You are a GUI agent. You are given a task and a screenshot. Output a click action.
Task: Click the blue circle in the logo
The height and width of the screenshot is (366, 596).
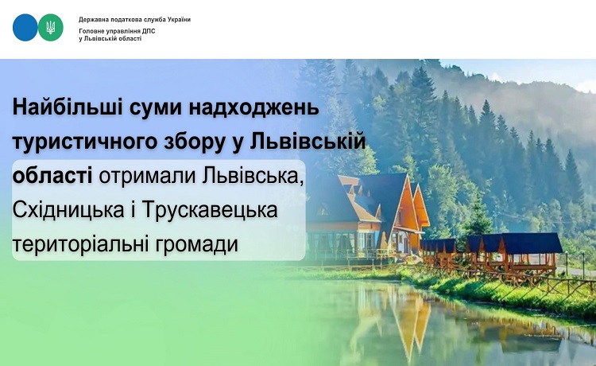point(25,27)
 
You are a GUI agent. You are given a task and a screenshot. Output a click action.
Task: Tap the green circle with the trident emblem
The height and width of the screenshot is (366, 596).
point(51,27)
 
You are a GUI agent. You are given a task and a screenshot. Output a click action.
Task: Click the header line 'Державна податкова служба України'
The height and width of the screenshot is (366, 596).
point(134,19)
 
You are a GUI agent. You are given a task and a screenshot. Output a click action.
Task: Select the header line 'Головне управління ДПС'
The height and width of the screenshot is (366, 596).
point(117,31)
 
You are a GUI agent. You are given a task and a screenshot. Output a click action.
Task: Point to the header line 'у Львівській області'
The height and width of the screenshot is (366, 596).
point(110,39)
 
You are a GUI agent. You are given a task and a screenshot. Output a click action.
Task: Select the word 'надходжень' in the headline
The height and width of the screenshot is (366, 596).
point(253,108)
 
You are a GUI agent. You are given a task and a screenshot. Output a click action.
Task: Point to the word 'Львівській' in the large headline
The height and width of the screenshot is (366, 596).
point(308,141)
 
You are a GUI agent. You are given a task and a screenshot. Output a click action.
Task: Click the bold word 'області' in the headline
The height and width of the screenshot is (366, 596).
point(52,175)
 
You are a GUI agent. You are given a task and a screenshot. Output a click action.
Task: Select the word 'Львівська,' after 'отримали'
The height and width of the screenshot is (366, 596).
point(253,176)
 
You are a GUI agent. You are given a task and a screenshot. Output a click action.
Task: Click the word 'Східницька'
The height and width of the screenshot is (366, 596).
point(68,210)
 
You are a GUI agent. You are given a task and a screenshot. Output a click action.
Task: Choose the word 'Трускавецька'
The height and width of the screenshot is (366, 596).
point(210,210)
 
